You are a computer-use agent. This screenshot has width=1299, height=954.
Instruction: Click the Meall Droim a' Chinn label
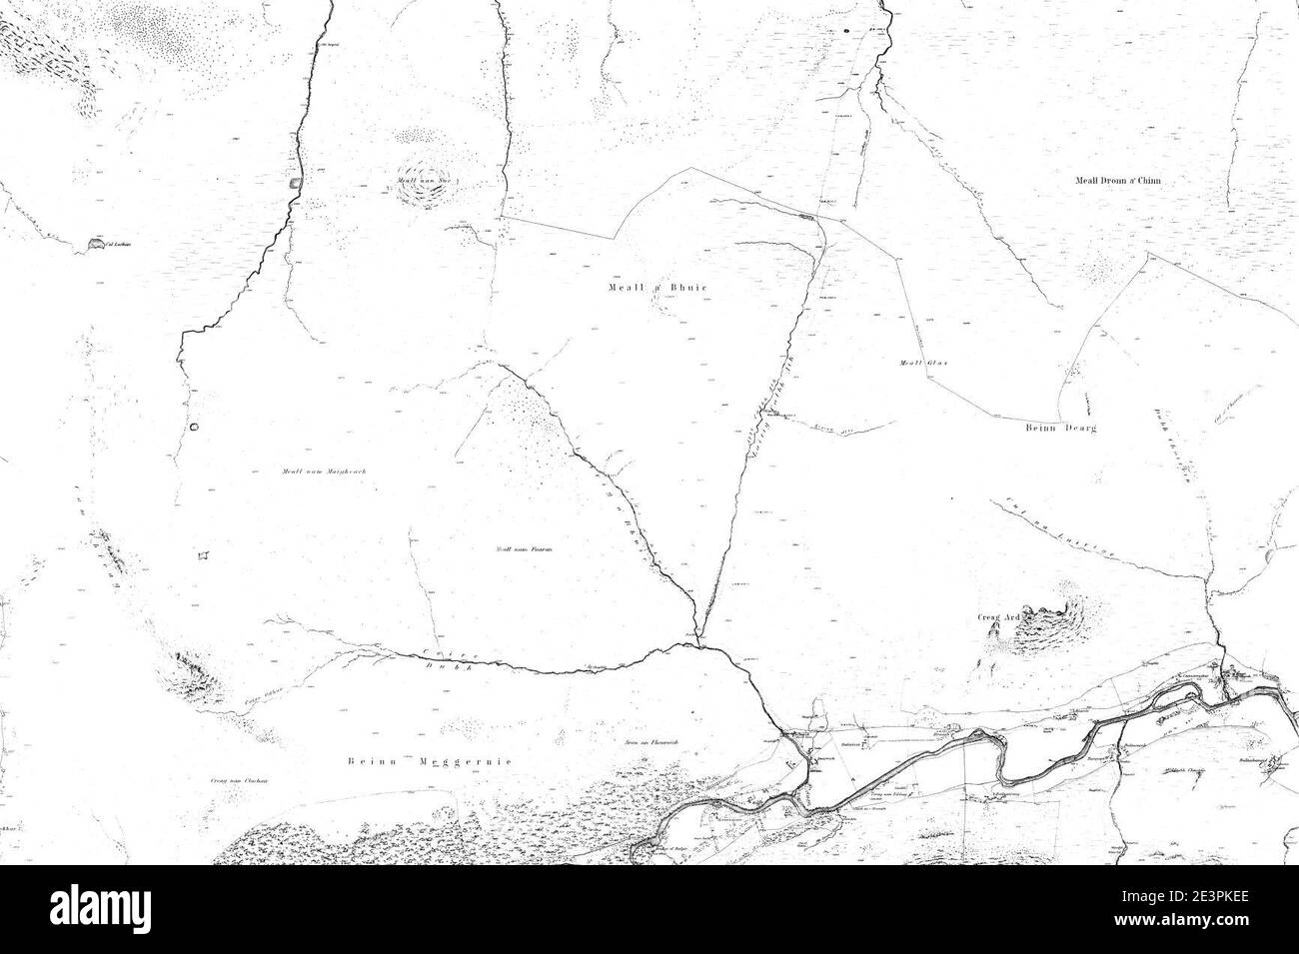1119,181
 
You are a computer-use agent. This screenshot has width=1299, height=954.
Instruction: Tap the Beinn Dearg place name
1060,428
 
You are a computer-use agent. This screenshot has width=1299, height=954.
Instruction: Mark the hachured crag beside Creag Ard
1054,613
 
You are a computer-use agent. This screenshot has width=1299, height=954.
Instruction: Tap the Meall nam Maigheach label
304,472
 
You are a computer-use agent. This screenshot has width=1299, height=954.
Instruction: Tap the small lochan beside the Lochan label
95,244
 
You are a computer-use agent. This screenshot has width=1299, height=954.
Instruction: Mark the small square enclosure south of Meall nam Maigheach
205,555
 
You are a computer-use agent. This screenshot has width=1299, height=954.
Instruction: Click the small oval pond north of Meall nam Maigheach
194,427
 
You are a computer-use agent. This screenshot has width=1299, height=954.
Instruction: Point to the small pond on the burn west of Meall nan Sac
293,183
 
